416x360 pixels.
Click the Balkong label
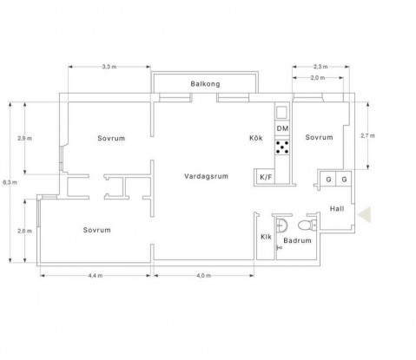[x=205, y=84]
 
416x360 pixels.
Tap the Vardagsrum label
[x=206, y=176]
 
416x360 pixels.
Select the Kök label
[x=256, y=138]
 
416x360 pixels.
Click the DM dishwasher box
[x=282, y=128]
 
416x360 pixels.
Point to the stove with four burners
[x=282, y=147]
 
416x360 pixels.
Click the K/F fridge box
[x=266, y=177]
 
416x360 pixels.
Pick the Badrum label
[x=297, y=240]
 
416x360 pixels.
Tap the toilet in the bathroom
[x=307, y=225]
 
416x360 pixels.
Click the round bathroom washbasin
[x=281, y=225]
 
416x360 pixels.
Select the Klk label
[x=266, y=237]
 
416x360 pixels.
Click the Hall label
[x=337, y=209]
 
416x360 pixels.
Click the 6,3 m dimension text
[x=10, y=182]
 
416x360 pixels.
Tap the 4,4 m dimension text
[x=96, y=276]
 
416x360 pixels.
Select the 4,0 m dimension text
[x=204, y=276]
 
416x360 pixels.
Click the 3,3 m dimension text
[x=109, y=67]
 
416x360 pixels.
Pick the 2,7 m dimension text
[x=367, y=135]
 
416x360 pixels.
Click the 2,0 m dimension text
[x=318, y=78]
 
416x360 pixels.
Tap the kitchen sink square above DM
[x=281, y=112]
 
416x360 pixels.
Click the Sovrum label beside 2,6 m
[x=96, y=230]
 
